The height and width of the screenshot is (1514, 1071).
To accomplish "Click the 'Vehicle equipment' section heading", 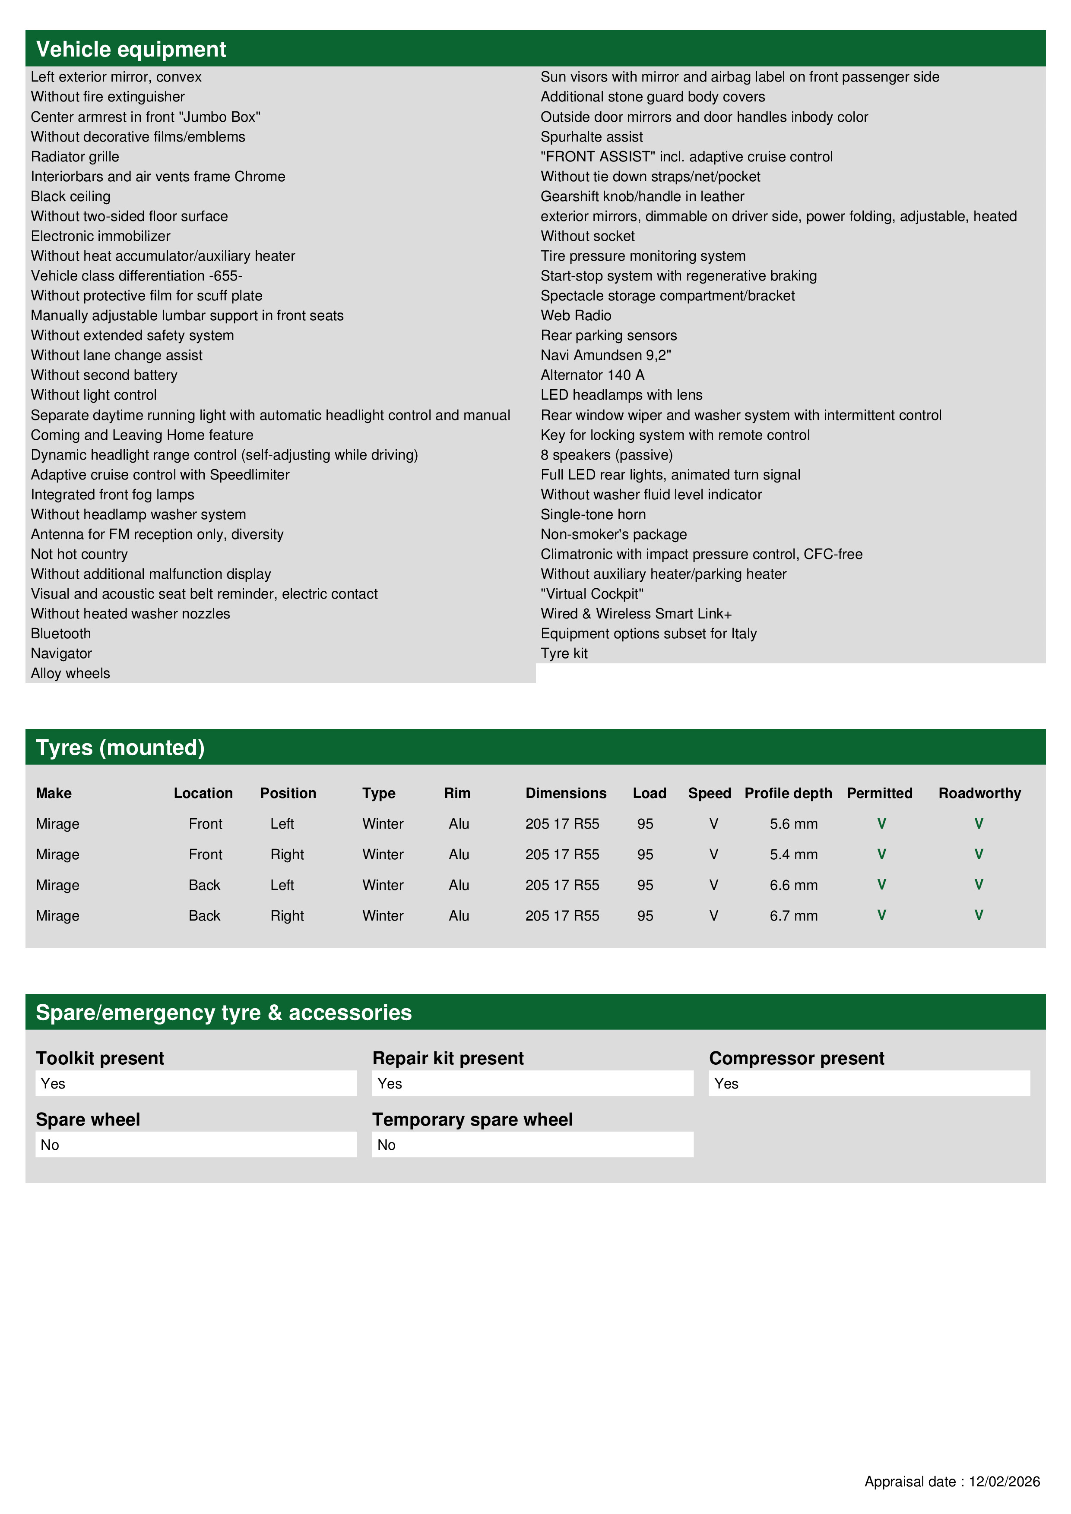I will (131, 50).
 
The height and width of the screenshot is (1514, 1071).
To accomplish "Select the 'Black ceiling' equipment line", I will (70, 196).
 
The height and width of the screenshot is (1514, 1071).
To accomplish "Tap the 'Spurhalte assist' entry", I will (591, 137).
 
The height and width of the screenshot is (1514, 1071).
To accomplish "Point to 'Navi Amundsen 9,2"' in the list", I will (605, 356).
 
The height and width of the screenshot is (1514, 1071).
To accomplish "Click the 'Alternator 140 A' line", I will (592, 375).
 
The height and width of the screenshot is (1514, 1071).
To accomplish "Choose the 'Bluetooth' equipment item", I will (61, 634).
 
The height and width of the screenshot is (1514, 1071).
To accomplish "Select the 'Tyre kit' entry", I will (564, 653).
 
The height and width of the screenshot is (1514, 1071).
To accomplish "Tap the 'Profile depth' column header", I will (788, 793).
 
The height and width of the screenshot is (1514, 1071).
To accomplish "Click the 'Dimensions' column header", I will (566, 793).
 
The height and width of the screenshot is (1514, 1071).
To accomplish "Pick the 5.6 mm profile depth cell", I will (793, 824).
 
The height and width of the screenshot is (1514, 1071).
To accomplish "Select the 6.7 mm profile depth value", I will (793, 916).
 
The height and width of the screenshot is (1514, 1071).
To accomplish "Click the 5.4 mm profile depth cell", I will (793, 855).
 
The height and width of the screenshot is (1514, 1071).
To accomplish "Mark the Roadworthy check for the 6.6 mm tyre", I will (979, 885).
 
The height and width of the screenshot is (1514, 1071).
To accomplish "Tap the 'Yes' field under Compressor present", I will (868, 1083).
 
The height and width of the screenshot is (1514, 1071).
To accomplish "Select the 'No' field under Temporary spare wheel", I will (532, 1145).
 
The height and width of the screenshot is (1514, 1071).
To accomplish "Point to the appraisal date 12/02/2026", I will (1004, 1482).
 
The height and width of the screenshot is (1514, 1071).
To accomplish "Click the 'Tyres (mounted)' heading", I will (120, 748).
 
